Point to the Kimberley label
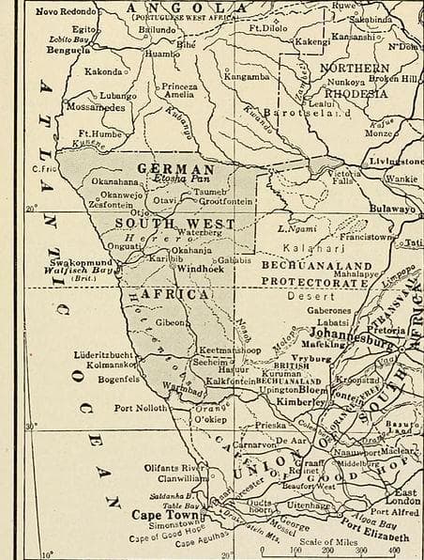301,400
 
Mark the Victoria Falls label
344,179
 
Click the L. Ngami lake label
296,229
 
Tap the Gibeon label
171,322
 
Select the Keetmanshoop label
230,350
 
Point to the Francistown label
366,238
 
